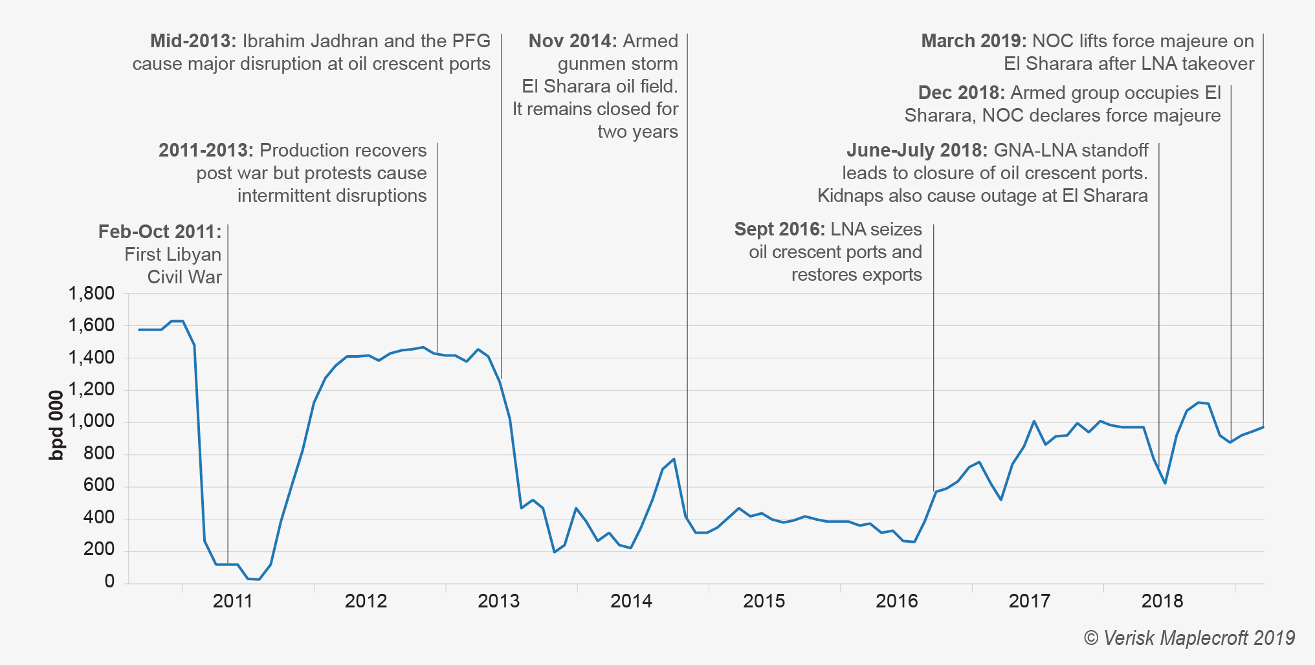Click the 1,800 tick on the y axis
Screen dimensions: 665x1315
(x=91, y=294)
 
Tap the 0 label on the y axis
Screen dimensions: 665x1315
(x=109, y=582)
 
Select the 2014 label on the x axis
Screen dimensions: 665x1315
(x=631, y=601)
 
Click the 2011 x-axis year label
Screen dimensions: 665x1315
(x=232, y=601)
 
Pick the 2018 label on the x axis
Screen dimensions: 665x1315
(x=1162, y=601)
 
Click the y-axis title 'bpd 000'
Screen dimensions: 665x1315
(x=57, y=425)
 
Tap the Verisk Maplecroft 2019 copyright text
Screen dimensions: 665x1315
(x=1189, y=638)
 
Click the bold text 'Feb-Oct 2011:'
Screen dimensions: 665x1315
(x=159, y=232)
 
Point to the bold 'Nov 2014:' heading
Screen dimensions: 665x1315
(x=573, y=41)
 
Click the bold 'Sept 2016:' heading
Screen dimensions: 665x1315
(x=779, y=229)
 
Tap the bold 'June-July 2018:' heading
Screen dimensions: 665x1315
(x=916, y=150)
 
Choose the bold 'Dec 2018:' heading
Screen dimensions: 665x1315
(x=961, y=93)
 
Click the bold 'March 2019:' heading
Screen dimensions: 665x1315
(x=973, y=41)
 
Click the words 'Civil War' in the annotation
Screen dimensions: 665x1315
(x=184, y=277)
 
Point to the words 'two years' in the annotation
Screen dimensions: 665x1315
(x=637, y=131)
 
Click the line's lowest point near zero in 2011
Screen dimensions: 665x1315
(x=259, y=579)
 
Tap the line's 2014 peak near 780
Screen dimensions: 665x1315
(x=674, y=459)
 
